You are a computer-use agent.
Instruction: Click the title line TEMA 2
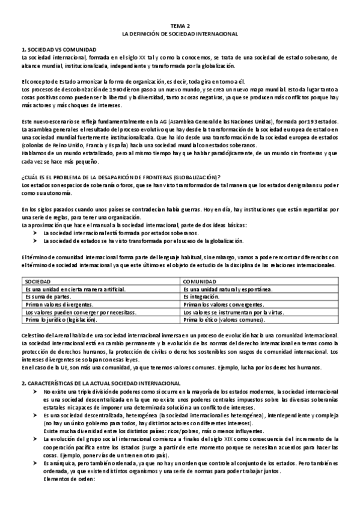pos(180,26)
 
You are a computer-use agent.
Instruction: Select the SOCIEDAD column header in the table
pos(38,281)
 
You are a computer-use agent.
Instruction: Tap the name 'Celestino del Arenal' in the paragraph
pos(47,335)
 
